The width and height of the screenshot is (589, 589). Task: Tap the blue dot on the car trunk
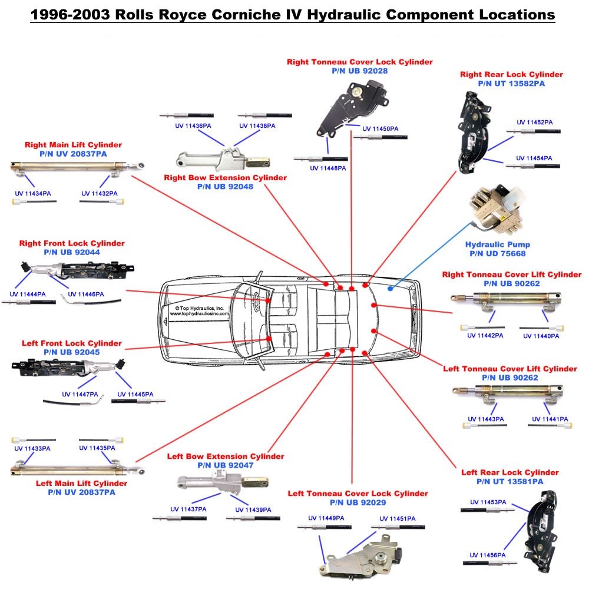390,289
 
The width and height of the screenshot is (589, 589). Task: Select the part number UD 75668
498,254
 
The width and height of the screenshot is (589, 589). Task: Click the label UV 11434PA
33,193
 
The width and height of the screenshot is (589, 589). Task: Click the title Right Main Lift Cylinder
73,144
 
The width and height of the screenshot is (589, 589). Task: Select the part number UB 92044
72,252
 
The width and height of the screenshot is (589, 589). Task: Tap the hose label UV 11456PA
487,555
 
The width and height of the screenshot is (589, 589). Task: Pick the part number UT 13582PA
511,84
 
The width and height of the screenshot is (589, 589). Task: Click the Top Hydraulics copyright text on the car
199,311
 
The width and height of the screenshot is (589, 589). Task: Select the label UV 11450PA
380,128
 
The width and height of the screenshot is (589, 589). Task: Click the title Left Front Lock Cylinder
72,343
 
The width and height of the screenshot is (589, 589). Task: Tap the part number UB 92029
358,502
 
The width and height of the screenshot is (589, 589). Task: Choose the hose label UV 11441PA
550,419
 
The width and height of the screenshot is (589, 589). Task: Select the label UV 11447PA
80,394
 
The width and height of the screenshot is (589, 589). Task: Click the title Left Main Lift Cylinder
81,483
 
